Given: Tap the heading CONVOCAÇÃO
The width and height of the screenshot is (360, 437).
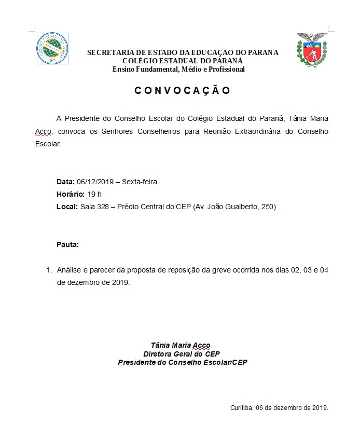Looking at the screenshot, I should click(x=182, y=90).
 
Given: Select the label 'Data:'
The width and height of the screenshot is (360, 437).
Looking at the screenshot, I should click(x=65, y=182).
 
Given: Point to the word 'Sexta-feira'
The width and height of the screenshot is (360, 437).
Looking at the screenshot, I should click(x=140, y=182).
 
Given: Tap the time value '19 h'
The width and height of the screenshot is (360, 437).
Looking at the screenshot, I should click(x=95, y=194).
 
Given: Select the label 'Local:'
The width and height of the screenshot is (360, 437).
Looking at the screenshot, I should click(x=67, y=207).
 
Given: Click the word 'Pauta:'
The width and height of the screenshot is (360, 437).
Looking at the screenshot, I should click(x=67, y=244).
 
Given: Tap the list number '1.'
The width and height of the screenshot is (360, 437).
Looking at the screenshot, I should click(x=50, y=270).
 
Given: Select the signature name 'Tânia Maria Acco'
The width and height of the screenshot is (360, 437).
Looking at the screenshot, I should click(x=180, y=345).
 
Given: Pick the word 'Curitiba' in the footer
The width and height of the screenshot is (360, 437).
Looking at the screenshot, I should click(x=241, y=407).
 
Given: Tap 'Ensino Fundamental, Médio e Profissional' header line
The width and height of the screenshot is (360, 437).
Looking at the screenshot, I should click(x=178, y=70).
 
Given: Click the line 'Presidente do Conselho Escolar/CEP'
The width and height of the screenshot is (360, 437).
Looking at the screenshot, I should click(x=183, y=362).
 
